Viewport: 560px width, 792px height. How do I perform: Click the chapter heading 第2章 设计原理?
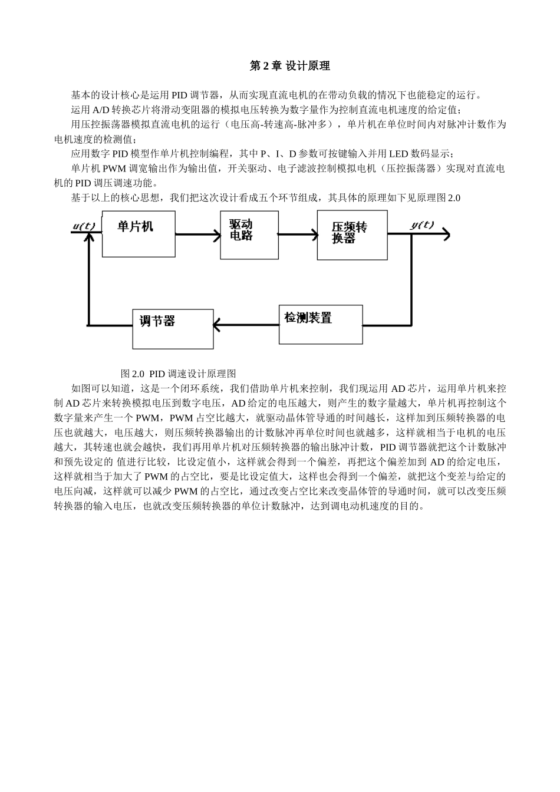click(289, 66)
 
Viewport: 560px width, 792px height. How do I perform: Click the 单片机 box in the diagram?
click(139, 235)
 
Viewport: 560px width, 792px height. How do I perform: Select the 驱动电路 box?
click(249, 235)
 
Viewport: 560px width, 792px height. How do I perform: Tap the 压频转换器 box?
click(352, 235)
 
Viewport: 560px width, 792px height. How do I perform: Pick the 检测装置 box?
click(321, 324)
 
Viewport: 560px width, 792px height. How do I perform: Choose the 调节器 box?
click(173, 329)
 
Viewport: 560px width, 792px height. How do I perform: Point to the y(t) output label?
click(422, 225)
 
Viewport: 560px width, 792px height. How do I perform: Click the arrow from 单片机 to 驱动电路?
click(197, 234)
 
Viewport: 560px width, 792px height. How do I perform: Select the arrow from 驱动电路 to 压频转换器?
click(298, 234)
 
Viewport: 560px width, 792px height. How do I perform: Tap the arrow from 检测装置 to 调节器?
click(246, 324)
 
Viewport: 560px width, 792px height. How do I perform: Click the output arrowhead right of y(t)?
click(446, 235)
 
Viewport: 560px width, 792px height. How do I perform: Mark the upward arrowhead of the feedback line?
click(88, 237)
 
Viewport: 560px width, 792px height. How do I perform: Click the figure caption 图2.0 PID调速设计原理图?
click(178, 374)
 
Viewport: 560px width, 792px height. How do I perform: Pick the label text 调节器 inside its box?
click(157, 321)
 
